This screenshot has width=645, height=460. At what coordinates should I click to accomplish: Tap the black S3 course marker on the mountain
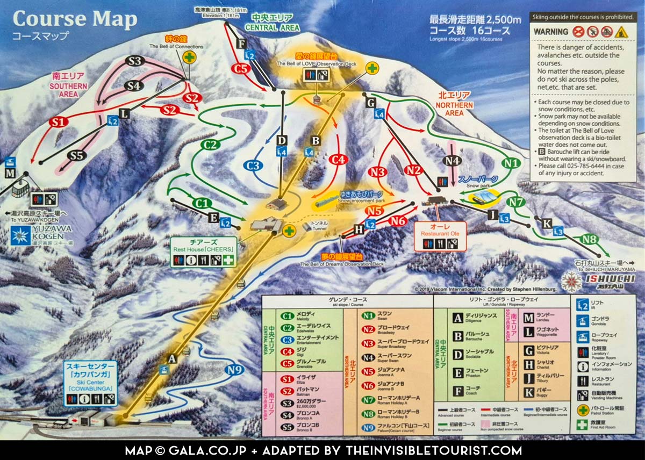tap(135, 61)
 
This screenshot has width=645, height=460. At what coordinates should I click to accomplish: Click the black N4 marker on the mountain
tap(453, 160)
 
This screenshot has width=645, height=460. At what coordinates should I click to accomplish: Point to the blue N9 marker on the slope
tap(234, 370)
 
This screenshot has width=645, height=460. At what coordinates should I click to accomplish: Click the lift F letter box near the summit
tap(241, 44)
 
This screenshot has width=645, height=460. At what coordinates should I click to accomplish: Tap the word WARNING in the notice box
tap(550, 32)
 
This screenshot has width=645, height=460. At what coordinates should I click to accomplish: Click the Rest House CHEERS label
tap(204, 245)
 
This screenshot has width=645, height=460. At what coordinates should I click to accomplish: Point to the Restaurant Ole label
tap(440, 229)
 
